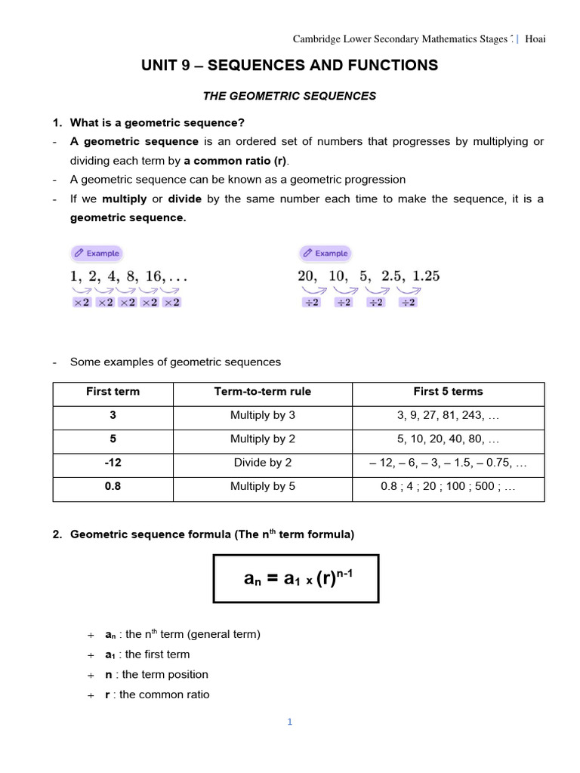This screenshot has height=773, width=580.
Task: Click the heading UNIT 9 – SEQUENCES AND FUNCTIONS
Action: coord(289,66)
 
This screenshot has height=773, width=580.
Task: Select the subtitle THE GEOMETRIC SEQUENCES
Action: coord(290,96)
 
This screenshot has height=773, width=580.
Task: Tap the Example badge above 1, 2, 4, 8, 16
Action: coord(96,254)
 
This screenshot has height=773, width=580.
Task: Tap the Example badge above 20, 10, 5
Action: coord(324,254)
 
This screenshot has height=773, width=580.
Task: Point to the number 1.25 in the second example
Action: coord(426,276)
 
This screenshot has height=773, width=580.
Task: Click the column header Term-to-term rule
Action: coord(263,392)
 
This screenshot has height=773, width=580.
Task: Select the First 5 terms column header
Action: coord(448,392)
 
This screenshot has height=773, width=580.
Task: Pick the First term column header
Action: coord(113,392)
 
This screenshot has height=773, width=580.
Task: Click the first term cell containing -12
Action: coord(113,463)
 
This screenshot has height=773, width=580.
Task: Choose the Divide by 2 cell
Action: coord(263,463)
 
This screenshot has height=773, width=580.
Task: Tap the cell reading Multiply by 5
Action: coord(263,487)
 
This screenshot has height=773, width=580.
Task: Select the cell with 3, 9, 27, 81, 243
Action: coord(448,416)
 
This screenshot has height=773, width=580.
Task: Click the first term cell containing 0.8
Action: coord(113,487)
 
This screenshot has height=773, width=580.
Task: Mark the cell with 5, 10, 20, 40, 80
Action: coord(448,439)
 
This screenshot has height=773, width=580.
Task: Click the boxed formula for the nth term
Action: coord(296,578)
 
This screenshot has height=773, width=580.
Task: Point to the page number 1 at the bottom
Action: coord(289,722)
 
